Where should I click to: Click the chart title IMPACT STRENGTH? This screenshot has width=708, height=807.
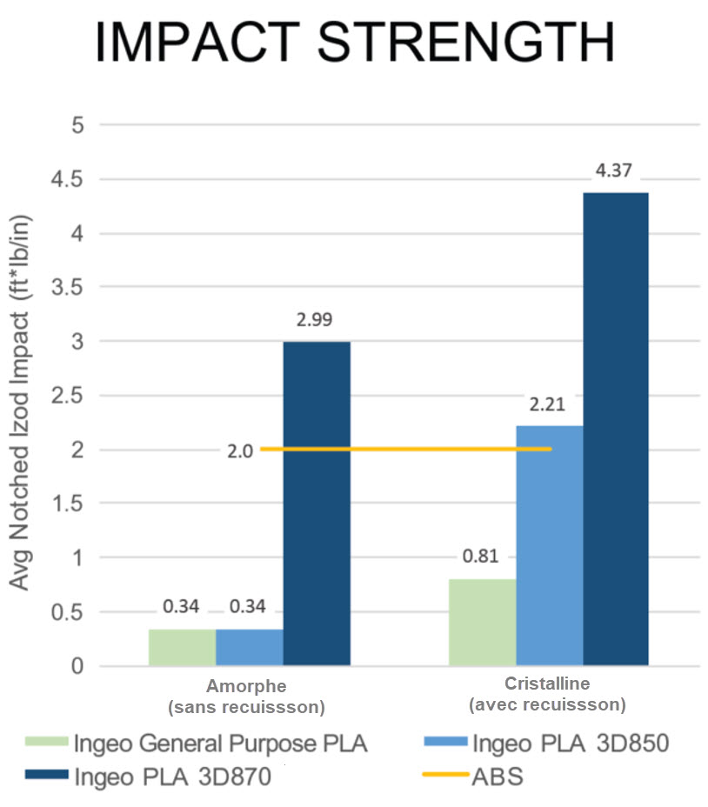(354, 44)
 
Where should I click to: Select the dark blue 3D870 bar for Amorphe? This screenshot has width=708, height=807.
(317, 504)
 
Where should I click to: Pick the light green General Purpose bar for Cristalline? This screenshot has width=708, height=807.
(482, 623)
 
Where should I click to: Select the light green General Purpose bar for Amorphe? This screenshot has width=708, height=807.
(182, 647)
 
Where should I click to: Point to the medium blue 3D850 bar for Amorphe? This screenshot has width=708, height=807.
(250, 647)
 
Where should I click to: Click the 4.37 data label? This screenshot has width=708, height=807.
(613, 171)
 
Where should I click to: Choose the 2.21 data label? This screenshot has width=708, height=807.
(549, 404)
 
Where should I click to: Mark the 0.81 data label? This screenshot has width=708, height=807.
(482, 557)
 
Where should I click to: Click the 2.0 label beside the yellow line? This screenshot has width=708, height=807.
(240, 450)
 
